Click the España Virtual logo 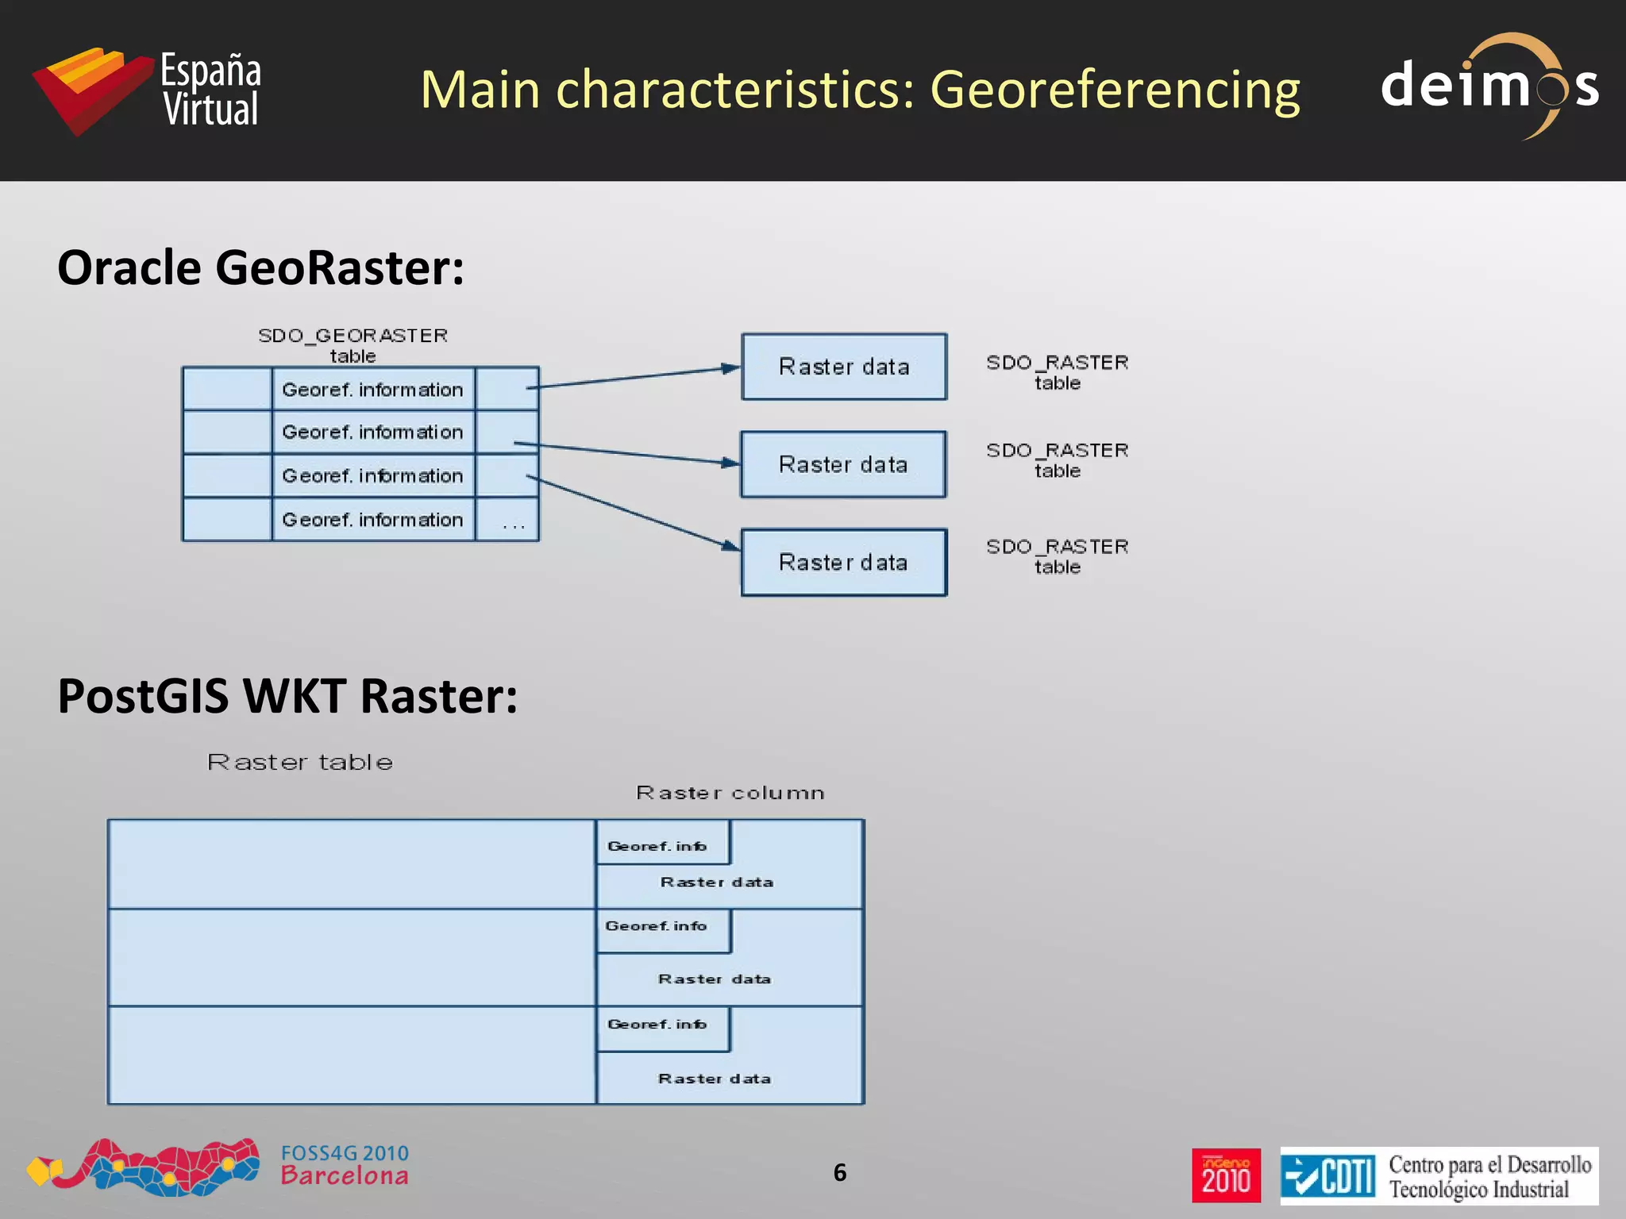click(x=147, y=90)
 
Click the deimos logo click(x=1489, y=85)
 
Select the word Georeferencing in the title click(x=1114, y=89)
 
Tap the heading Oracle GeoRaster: click(x=260, y=267)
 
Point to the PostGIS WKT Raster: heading click(x=287, y=696)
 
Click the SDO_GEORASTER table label click(x=353, y=345)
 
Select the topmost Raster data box click(x=843, y=367)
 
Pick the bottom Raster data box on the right click(x=843, y=563)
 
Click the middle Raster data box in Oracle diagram click(x=843, y=464)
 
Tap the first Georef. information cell click(x=372, y=390)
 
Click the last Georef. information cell click(x=372, y=520)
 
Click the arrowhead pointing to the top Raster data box click(x=729, y=368)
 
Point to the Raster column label click(x=730, y=793)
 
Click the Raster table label click(x=300, y=763)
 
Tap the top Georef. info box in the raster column click(x=661, y=844)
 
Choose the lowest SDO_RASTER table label click(x=1057, y=556)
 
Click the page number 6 click(x=840, y=1172)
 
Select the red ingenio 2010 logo click(x=1225, y=1175)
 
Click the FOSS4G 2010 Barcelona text click(x=345, y=1164)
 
